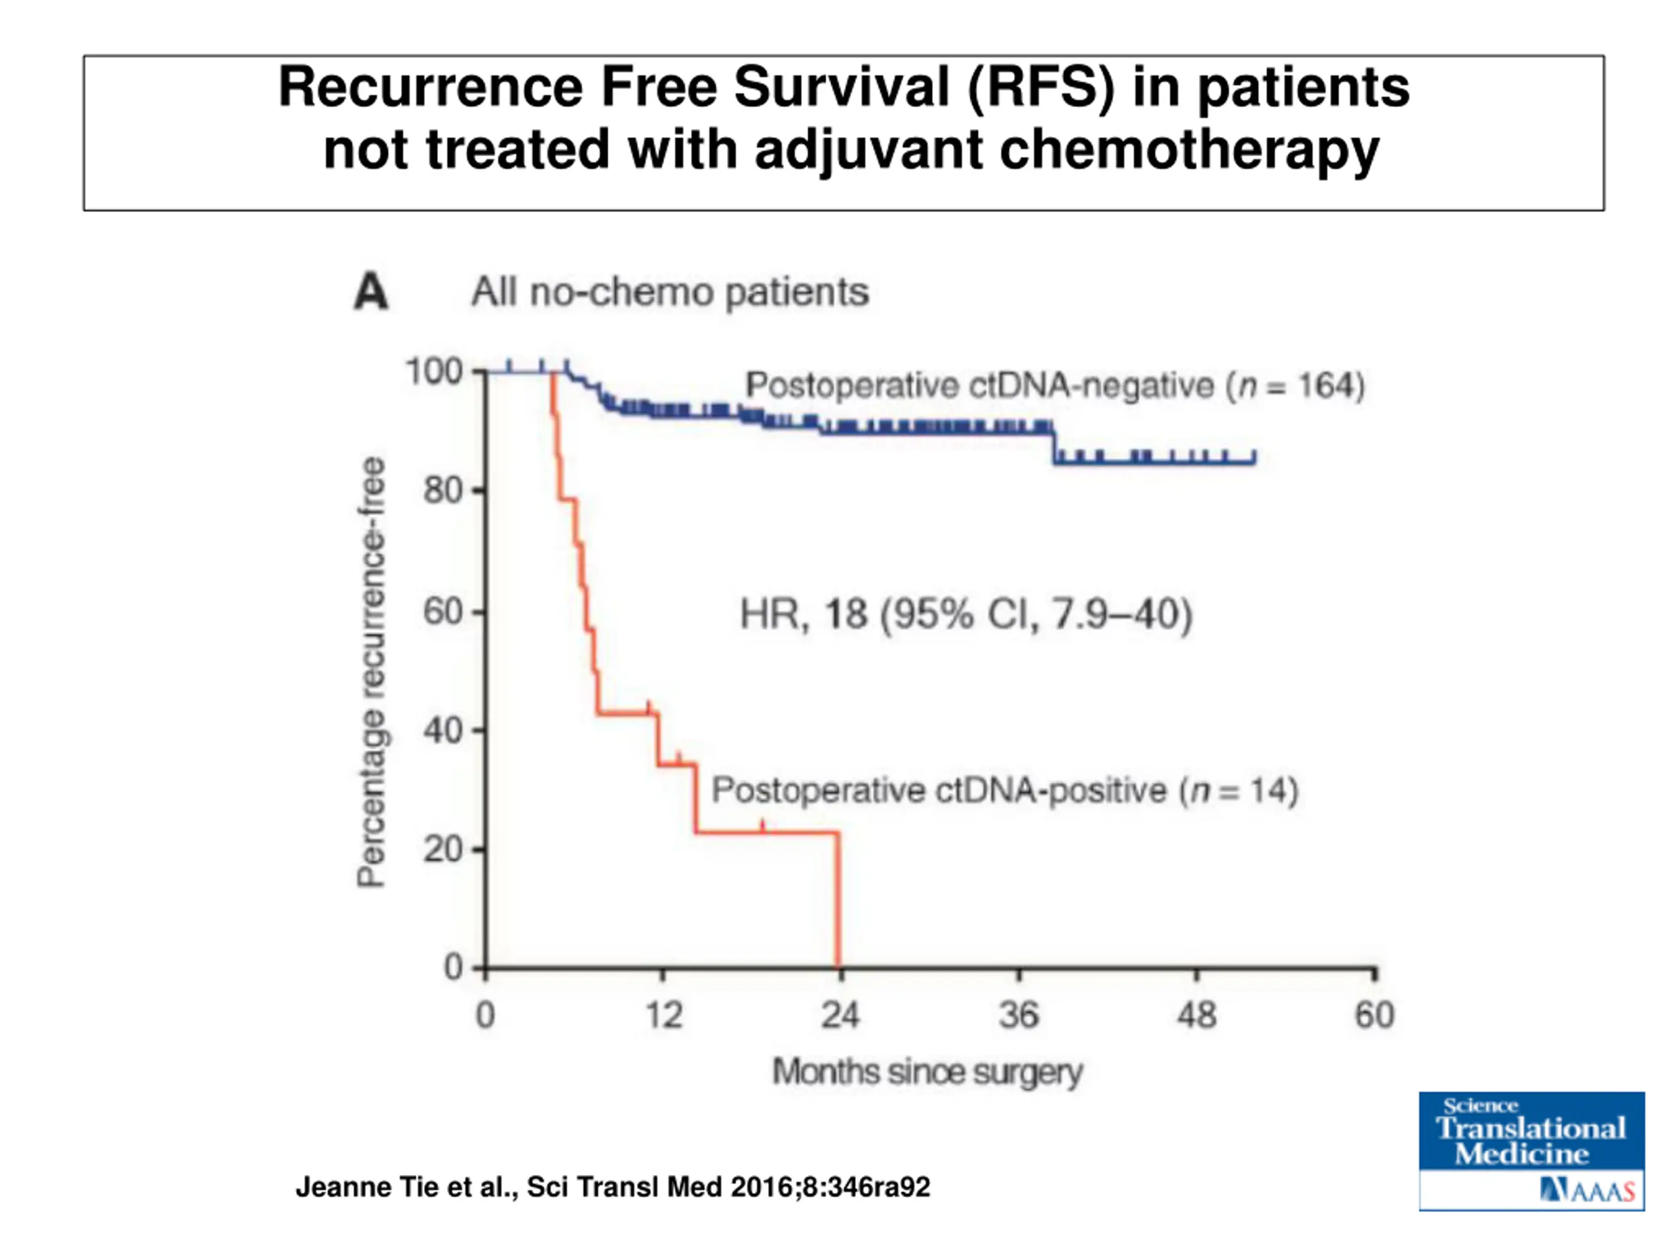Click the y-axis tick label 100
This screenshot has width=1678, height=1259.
[434, 372]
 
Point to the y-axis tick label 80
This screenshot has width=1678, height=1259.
[443, 491]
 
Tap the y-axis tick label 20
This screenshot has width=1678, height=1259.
[443, 850]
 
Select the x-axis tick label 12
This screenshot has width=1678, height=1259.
[664, 1015]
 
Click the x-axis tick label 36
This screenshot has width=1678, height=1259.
[1018, 1015]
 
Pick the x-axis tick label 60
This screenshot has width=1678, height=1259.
[1374, 1015]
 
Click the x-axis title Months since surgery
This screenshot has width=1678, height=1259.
[927, 1072]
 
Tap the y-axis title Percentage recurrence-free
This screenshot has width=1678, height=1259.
[371, 671]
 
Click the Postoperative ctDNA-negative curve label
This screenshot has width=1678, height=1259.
[1055, 386]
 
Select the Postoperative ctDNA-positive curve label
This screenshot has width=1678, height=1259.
[1004, 791]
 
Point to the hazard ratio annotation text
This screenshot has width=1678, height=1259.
[966, 614]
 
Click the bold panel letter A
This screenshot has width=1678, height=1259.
[371, 292]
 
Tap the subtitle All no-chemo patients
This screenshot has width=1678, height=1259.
[670, 292]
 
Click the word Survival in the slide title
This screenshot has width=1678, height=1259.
[840, 87]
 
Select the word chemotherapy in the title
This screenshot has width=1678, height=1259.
[1189, 150]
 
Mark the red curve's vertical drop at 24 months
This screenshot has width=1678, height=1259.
[838, 899]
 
